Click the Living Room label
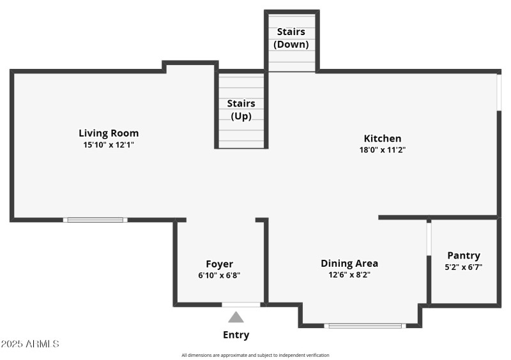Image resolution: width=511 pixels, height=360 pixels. [x=109, y=133]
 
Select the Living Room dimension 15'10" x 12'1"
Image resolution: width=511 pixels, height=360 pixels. [x=109, y=145]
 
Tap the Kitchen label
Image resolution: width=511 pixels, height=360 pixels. [x=383, y=139]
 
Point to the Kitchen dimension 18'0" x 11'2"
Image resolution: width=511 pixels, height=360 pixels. [x=383, y=150]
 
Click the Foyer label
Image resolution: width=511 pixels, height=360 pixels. [x=219, y=264]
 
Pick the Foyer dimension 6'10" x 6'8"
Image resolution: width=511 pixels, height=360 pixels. [x=219, y=276]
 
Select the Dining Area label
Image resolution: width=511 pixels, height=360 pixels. [x=349, y=263]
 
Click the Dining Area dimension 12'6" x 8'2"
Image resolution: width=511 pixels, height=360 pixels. [x=349, y=275]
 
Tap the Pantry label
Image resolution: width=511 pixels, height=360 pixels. [x=464, y=255]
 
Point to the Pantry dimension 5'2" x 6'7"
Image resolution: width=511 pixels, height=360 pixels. [x=464, y=267]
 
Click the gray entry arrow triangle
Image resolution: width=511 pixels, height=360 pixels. [x=236, y=317]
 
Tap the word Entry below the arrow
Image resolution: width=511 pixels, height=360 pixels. [x=236, y=335]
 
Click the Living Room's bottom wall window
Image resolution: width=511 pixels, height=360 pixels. [x=95, y=220]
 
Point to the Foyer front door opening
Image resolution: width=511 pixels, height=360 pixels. [x=241, y=304]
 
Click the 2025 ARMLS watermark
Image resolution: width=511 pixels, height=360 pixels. [x=30, y=344]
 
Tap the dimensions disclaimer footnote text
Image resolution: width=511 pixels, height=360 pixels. [x=256, y=356]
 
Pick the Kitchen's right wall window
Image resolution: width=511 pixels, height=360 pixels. [x=499, y=93]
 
